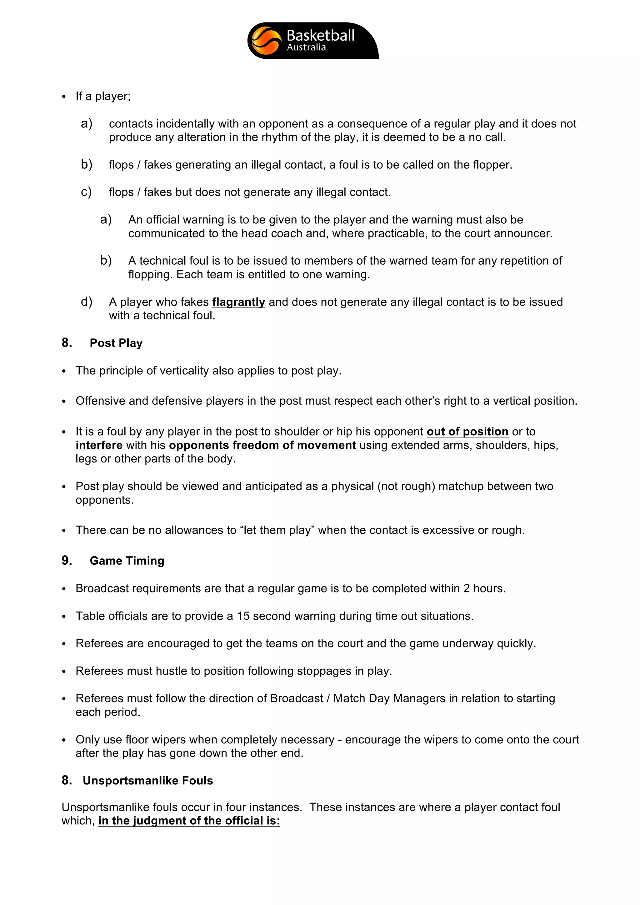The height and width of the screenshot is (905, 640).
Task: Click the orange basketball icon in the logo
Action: pos(266,41)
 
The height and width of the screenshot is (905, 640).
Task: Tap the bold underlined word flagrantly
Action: pos(238,302)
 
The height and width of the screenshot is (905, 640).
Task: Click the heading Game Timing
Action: pos(127,561)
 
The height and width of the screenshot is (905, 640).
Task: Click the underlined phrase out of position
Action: pos(467,432)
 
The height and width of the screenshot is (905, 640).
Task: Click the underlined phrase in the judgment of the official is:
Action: pos(189,821)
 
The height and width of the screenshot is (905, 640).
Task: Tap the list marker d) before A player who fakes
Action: pos(86,302)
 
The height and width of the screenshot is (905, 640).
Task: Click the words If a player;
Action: pos(103,96)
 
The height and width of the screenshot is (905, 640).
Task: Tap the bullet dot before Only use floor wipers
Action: pos(64,740)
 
